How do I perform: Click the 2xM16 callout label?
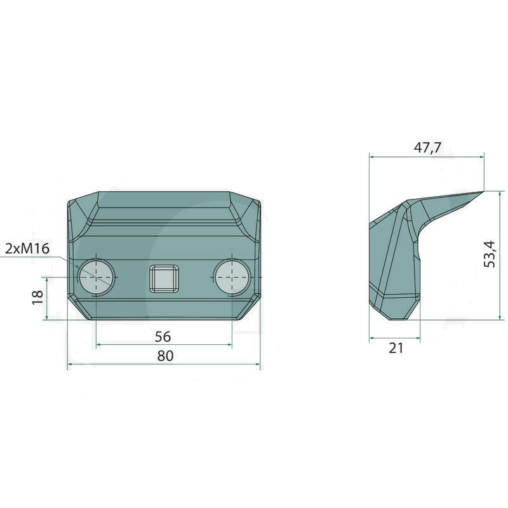click(27, 248)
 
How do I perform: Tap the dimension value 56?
click(163, 337)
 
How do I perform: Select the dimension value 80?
click(166, 356)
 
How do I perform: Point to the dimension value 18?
click(38, 297)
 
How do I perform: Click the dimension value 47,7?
click(427, 147)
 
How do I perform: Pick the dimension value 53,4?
click(490, 254)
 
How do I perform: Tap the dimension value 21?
click(396, 348)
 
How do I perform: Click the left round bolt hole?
click(97, 277)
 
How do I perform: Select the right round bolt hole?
click(232, 277)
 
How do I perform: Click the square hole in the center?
click(164, 278)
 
